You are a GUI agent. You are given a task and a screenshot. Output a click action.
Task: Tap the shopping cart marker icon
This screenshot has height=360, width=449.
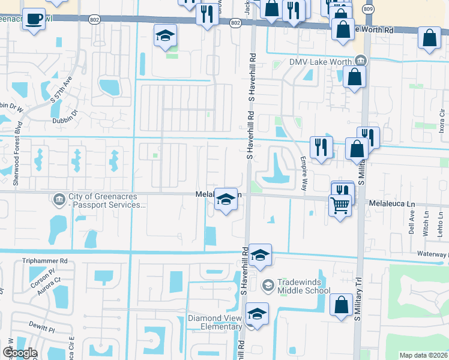[340, 205]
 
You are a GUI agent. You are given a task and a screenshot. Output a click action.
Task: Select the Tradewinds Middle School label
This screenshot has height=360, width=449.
[303, 286]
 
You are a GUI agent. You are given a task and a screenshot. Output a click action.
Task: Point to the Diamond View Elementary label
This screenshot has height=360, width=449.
[214, 322]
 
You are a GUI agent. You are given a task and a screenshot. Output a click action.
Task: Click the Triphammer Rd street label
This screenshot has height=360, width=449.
[45, 261]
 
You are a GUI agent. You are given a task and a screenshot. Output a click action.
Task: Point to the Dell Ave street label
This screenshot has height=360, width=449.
[412, 225]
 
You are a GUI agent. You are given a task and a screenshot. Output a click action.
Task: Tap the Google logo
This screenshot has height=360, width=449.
[19, 353]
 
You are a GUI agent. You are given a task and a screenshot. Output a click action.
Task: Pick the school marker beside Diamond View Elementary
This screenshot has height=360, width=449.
[257, 314]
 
